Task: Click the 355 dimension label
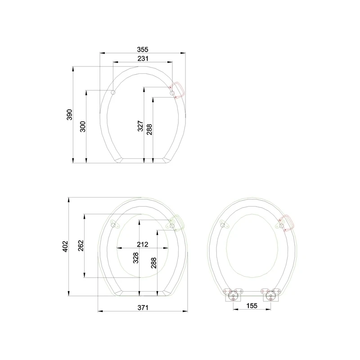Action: [x=143, y=49]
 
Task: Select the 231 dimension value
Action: [x=143, y=58]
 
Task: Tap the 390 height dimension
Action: [x=69, y=115]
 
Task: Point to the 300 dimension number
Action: [x=83, y=126]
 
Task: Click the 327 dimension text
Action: [x=140, y=126]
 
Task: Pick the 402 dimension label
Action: [x=65, y=246]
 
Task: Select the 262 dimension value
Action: [x=81, y=246]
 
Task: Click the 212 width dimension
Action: [x=143, y=244]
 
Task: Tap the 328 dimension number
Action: [x=136, y=258]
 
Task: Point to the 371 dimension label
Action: [x=143, y=307]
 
